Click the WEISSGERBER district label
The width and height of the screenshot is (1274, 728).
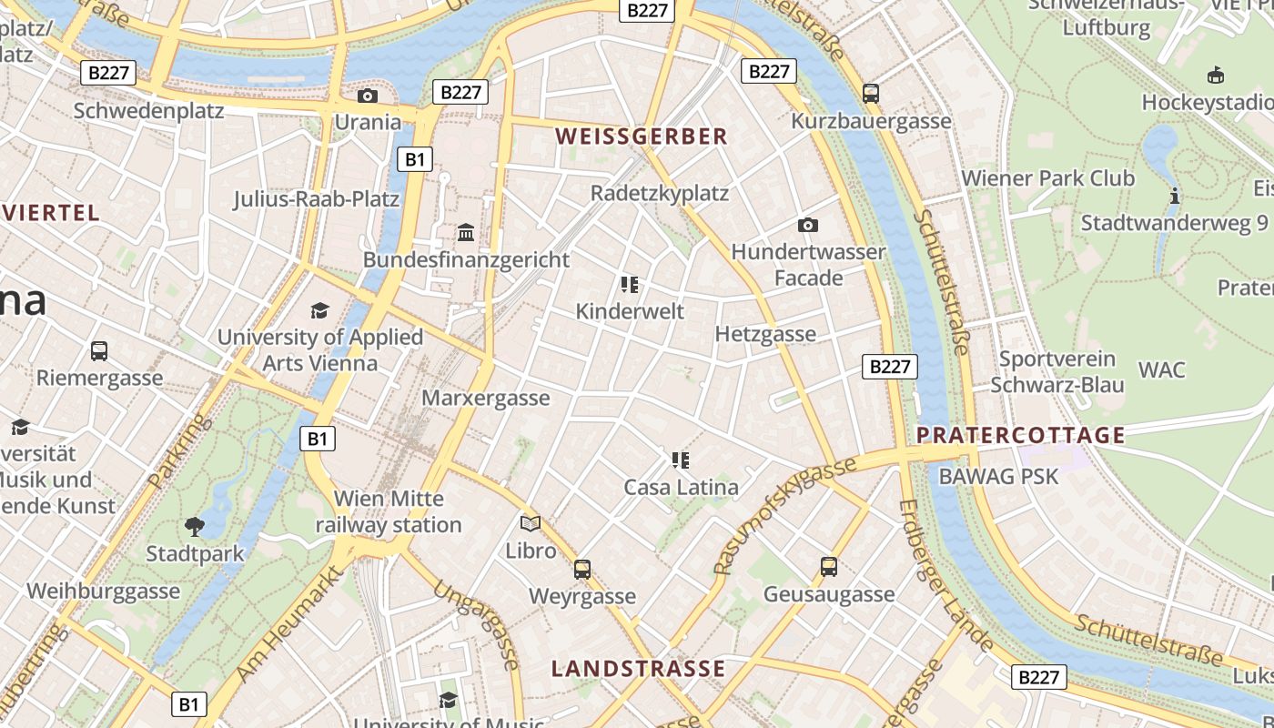(642, 136)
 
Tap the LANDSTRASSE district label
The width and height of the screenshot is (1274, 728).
(638, 669)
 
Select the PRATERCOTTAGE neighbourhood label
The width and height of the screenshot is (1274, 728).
(1021, 435)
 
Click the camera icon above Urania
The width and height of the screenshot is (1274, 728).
(368, 96)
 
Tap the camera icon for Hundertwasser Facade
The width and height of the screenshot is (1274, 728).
(807, 225)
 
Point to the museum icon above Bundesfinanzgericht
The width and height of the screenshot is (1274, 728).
(466, 233)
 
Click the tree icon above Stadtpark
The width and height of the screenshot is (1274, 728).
(194, 526)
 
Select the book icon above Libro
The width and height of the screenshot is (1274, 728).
(531, 523)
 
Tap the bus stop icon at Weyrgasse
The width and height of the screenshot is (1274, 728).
(582, 570)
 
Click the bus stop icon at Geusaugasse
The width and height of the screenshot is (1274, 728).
(828, 567)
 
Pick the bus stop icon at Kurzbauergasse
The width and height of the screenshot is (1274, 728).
(870, 93)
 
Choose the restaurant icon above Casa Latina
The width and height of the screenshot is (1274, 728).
(681, 460)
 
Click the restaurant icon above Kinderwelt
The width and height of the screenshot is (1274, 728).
(629, 285)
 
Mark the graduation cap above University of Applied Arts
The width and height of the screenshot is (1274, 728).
(319, 311)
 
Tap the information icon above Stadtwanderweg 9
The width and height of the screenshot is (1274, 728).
(1174, 196)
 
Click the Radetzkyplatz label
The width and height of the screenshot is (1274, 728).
(659, 193)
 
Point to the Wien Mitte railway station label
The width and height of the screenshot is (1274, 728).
(389, 511)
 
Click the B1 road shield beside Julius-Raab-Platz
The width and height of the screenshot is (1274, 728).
(414, 159)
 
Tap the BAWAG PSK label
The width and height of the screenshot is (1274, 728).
(998, 476)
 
